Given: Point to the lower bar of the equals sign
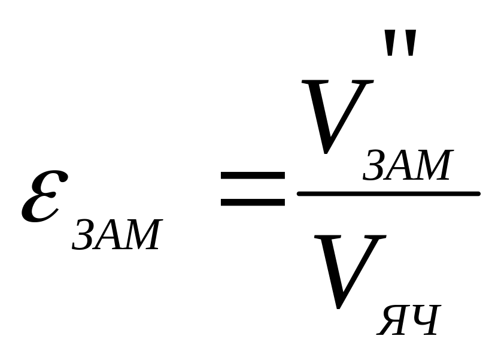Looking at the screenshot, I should click(253, 202).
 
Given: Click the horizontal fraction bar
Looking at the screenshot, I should click(388, 193).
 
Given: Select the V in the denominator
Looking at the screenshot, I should click(350, 270).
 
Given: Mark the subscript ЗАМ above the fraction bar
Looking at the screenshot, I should click(406, 166).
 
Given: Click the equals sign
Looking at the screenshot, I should click(253, 189).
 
